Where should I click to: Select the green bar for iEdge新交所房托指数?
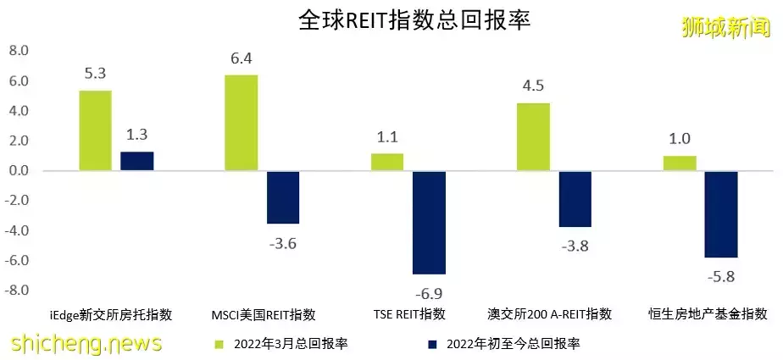95,130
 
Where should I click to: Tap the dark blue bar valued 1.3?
136,161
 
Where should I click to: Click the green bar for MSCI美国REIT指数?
241,123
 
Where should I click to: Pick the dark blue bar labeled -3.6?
282,197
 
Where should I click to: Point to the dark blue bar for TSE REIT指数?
429,222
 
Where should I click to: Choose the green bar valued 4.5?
533,136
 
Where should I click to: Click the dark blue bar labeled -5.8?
721,214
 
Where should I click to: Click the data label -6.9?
429,293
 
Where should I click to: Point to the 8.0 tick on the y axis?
18,52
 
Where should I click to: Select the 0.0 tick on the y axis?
18,171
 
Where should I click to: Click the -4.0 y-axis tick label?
18,230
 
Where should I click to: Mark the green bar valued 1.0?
680,163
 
